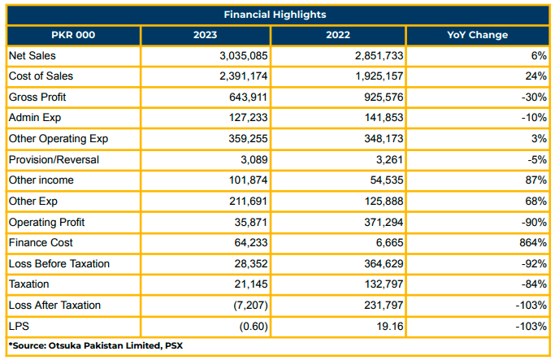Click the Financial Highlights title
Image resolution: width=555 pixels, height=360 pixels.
275,15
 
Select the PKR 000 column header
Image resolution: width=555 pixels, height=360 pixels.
73,35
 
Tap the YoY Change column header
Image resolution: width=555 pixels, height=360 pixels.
478,35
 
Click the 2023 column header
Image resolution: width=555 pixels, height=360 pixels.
206,35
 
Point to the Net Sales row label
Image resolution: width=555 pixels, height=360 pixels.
33,55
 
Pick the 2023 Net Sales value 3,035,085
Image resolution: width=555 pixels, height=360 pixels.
244,55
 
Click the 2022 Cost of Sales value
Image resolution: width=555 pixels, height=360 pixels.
379,76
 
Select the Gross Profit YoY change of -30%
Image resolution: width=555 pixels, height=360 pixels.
534,97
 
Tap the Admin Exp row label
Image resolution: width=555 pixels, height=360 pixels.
35,118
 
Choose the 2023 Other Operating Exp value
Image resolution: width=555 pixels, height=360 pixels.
248,138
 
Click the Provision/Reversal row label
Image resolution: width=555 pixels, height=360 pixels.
54,159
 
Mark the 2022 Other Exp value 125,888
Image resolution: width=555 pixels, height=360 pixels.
384,201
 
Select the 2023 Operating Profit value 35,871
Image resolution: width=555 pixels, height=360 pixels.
251,223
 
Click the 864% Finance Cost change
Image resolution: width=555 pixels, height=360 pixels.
533,243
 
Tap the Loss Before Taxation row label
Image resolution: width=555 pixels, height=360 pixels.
59,264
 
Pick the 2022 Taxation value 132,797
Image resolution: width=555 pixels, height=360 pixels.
384,284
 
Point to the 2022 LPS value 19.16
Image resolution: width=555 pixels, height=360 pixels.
390,326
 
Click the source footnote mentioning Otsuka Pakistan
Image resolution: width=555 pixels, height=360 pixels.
96,346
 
